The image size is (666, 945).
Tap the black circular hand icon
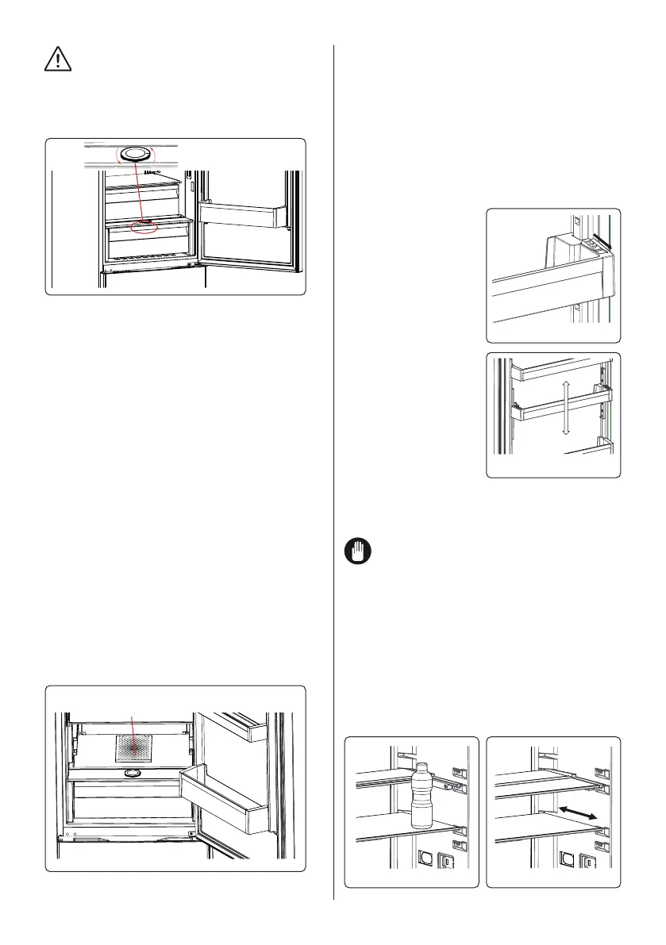[355, 552]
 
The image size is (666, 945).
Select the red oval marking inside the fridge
[145, 228]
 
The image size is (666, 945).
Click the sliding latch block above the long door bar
[582, 246]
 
